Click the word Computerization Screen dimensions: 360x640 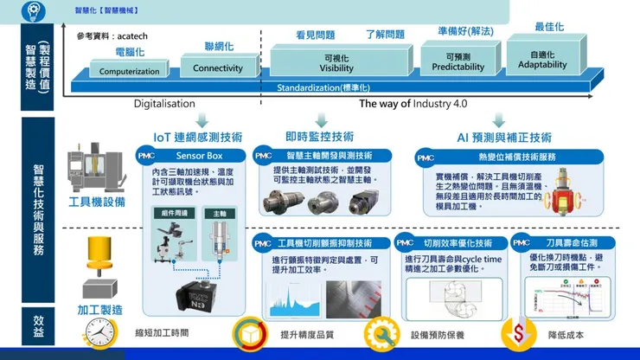(130, 72)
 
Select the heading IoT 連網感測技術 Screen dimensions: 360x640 (197, 137)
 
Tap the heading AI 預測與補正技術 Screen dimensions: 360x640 (504, 137)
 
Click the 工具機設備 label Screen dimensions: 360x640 (97, 201)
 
